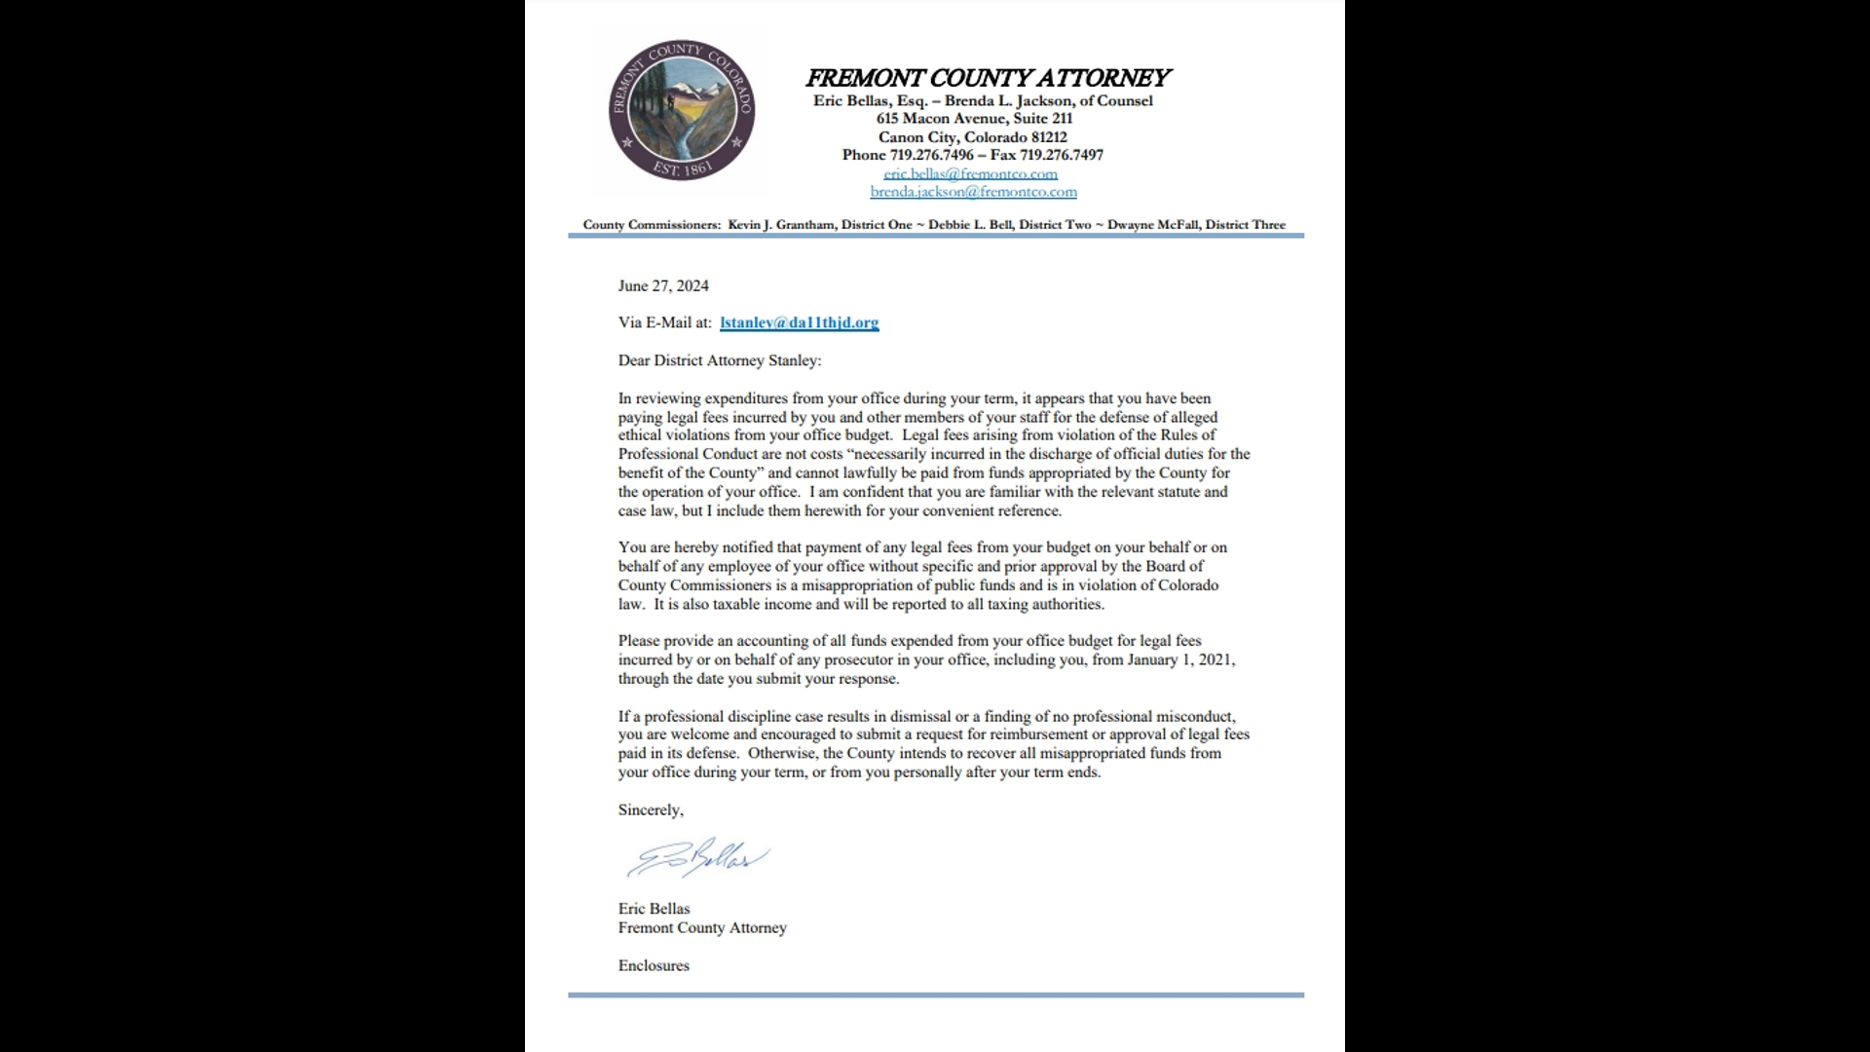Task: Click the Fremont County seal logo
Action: (682, 110)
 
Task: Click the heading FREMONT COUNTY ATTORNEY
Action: (987, 78)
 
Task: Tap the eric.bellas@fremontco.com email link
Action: (970, 173)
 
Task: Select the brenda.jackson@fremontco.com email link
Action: (973, 192)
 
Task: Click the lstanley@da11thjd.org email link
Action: (799, 322)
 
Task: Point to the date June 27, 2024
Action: (663, 285)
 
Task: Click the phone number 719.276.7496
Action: (931, 155)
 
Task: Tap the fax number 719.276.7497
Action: (1062, 155)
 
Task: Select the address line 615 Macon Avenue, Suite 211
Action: (973, 118)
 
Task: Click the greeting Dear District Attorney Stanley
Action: (719, 360)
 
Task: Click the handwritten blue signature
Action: (697, 858)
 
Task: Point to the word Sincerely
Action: (650, 809)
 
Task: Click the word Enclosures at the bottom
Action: (654, 965)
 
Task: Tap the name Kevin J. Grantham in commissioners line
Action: (781, 225)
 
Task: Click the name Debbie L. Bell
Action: (970, 225)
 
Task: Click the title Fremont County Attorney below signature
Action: (702, 927)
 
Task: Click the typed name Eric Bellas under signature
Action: (654, 908)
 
